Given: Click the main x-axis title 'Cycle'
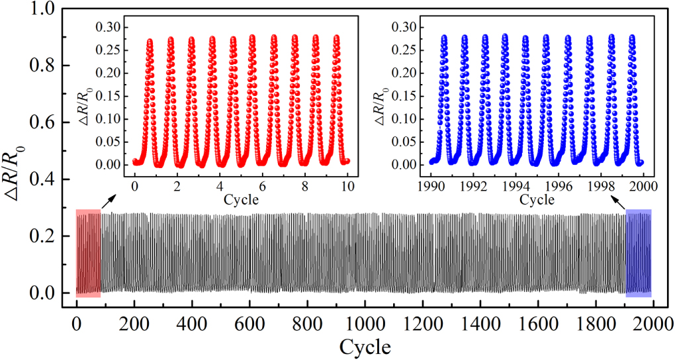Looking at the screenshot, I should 365,346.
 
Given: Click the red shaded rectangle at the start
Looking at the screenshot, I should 88,253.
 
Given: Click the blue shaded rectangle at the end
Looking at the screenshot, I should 638,253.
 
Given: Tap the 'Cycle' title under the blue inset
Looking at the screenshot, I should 536,199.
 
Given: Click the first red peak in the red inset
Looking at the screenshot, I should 150,42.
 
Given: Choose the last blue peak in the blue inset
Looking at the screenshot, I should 631,38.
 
